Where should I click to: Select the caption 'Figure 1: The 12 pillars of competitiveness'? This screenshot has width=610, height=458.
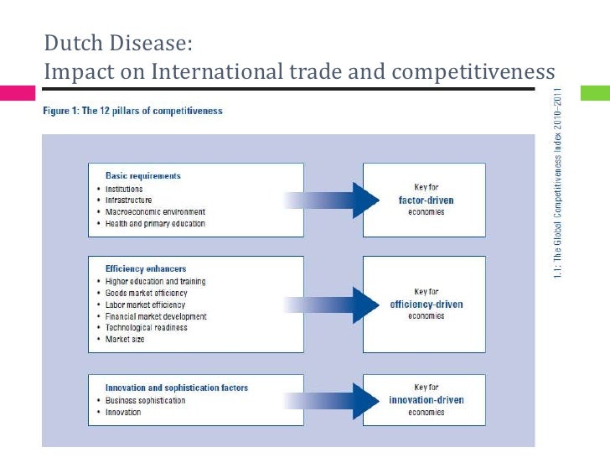(x=132, y=111)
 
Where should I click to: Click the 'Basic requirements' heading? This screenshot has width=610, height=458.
(x=142, y=176)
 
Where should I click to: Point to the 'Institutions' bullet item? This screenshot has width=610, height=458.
(x=124, y=189)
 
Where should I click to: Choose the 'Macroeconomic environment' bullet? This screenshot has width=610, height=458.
(x=155, y=212)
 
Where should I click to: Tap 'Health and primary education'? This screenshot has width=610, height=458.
(x=155, y=224)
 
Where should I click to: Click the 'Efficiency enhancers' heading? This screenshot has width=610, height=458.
(x=146, y=268)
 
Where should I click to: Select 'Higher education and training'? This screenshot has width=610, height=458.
(x=155, y=281)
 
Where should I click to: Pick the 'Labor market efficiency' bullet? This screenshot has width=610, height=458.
(x=146, y=304)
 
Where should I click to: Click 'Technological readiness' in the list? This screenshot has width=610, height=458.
(x=146, y=328)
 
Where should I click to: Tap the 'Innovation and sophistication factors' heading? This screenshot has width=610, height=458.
(x=176, y=388)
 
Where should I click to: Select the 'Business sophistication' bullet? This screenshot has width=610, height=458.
(x=146, y=400)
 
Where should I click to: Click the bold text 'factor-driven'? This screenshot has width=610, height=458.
(x=426, y=200)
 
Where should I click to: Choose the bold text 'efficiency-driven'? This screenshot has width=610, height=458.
(x=426, y=304)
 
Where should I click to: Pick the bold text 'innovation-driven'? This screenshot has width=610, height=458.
(x=426, y=399)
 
